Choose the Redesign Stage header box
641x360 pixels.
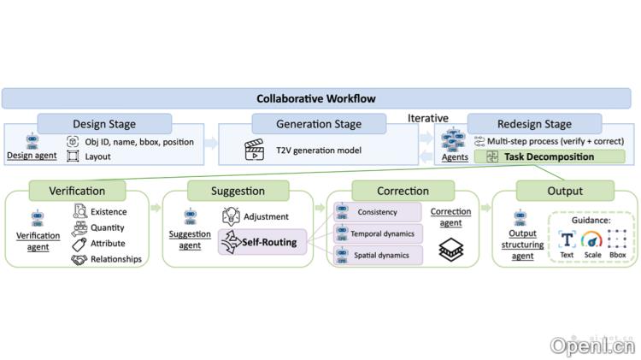(534, 124)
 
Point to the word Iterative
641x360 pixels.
(428, 117)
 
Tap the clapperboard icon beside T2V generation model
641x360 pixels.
(254, 150)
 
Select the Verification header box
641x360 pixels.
(78, 191)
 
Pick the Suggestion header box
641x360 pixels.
(238, 191)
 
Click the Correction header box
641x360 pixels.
(403, 191)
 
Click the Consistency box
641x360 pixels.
(379, 211)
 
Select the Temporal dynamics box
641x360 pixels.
(379, 233)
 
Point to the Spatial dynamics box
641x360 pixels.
(379, 255)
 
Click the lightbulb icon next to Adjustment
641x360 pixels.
(231, 216)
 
